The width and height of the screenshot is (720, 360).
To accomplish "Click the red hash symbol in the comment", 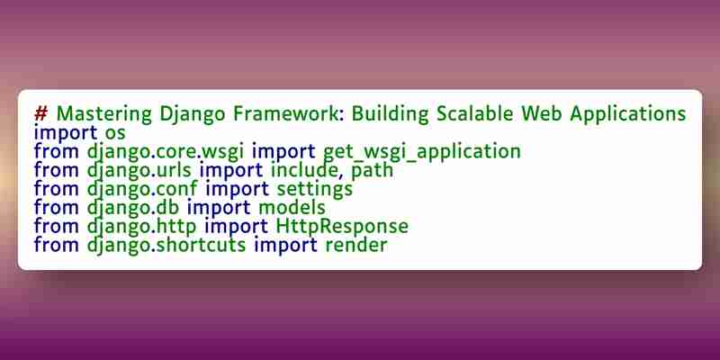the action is pos(40,113).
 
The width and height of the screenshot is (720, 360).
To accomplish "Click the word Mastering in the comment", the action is pos(104,114).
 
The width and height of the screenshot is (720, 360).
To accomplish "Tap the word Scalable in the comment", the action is pos(475,113).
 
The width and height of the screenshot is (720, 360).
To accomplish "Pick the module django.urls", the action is pos(139,171).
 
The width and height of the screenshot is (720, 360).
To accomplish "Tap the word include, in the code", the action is pos(308,170).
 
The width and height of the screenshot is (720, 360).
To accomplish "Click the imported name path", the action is pos(373,171).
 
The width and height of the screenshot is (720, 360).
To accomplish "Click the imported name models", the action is pos(292,208).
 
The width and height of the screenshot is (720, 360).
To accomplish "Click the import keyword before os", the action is pos(66,134).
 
